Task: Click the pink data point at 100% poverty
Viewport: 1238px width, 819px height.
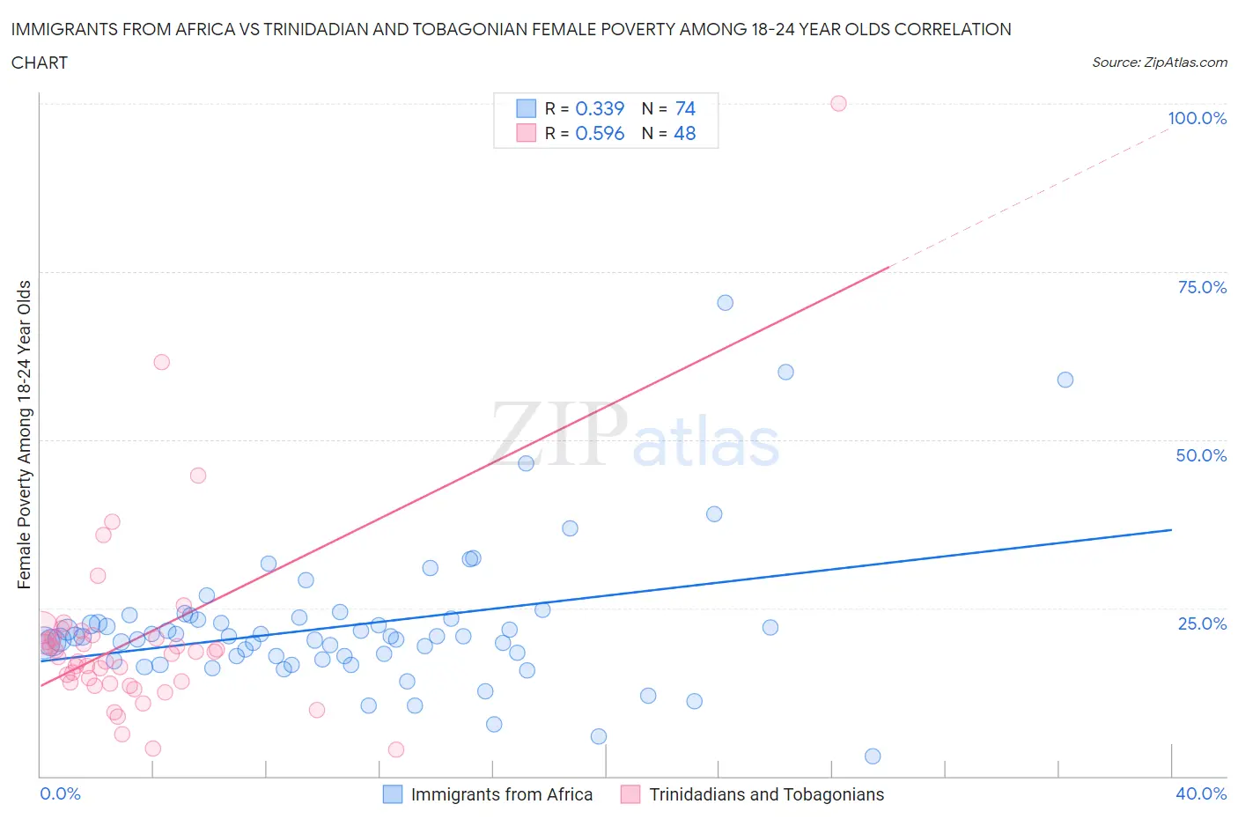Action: coord(838,104)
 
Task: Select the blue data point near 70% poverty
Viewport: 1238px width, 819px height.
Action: coord(725,303)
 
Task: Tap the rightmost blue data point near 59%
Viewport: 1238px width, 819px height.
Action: coord(1065,380)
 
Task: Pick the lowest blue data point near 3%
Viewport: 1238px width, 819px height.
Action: coord(873,756)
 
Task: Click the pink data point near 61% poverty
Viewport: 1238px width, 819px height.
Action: coord(161,362)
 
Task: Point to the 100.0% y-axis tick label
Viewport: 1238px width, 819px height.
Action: coord(1197,118)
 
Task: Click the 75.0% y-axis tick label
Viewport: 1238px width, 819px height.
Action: coord(1202,287)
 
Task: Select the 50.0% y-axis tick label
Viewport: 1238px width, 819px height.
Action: coord(1201,455)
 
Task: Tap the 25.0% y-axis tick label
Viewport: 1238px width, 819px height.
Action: coord(1202,623)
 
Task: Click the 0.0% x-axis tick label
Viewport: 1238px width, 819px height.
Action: coord(60,793)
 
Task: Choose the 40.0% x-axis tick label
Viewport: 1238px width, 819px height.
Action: coord(1201,793)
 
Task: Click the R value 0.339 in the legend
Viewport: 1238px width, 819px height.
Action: coord(600,108)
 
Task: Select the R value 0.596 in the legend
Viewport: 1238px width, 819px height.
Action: coord(600,133)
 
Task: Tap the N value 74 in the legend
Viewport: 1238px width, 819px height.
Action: coord(685,108)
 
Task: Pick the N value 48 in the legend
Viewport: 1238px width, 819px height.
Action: coord(685,133)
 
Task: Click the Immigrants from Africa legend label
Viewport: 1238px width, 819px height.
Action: coord(501,794)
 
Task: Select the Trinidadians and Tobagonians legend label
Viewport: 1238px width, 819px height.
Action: coord(766,794)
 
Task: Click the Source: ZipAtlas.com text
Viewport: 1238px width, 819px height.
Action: coord(1159,63)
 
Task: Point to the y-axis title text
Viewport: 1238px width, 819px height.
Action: coord(25,434)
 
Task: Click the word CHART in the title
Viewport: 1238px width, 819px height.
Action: coord(40,63)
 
